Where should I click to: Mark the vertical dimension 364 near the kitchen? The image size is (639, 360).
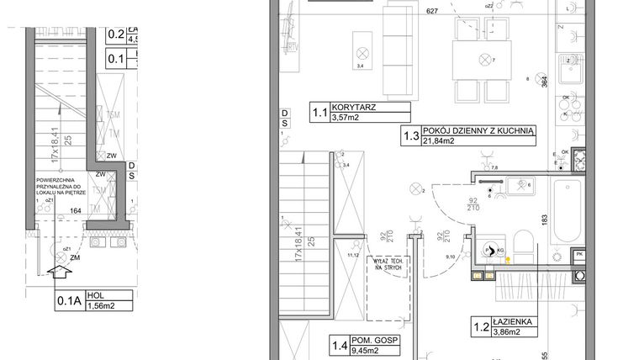coord(545,82)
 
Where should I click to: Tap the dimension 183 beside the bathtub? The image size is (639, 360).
coord(545,220)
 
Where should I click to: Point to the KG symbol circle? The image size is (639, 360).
coord(489,250)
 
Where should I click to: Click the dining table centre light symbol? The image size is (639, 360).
coord(483,59)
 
